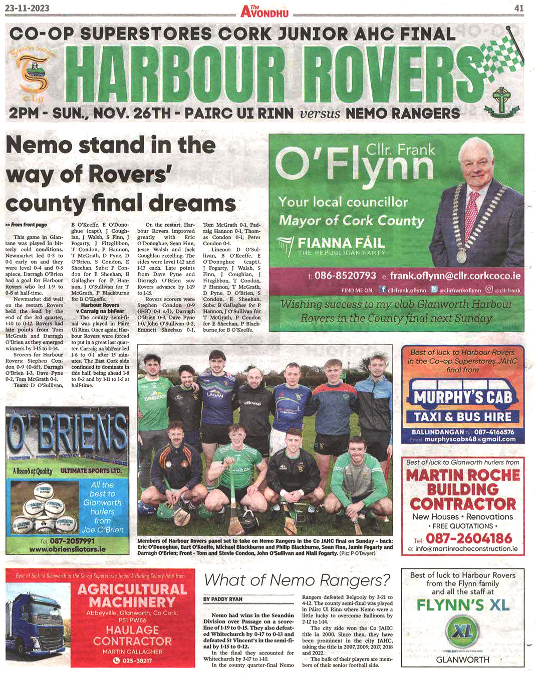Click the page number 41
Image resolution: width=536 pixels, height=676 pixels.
519,8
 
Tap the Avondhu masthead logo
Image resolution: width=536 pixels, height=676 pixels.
264,11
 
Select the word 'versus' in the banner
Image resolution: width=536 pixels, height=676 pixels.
320,114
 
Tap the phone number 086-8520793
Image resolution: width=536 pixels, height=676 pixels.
345,276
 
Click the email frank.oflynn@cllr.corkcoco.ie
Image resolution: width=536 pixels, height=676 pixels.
455,276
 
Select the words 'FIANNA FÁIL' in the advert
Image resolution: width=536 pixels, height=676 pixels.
341,243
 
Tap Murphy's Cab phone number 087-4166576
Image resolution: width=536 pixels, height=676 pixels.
494,432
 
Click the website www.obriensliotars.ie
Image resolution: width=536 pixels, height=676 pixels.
68,549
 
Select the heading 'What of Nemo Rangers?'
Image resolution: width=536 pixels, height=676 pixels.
297,580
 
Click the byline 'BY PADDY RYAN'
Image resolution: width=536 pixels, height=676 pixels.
223,599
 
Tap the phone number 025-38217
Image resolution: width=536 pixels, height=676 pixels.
133,660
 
